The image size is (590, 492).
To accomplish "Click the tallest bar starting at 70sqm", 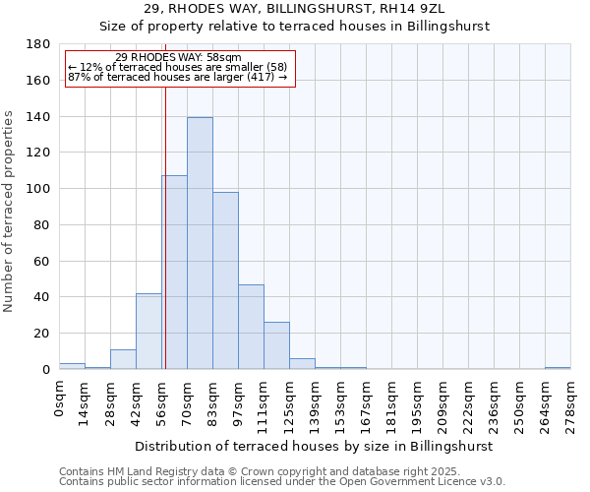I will click(x=200, y=244).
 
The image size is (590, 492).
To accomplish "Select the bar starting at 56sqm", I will click(x=174, y=273).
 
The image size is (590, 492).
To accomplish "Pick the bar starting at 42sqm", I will click(x=148, y=332).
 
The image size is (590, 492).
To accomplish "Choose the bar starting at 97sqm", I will click(x=251, y=327).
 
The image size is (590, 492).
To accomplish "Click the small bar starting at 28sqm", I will click(x=123, y=360).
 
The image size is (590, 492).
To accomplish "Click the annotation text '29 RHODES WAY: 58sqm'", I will click(x=178, y=58).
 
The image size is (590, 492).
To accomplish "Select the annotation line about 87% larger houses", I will click(x=178, y=78).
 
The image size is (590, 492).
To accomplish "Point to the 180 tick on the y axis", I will click(x=38, y=44).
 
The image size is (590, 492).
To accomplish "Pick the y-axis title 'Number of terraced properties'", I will click(x=10, y=212).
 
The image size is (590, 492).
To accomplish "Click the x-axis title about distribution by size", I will click(x=315, y=446).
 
